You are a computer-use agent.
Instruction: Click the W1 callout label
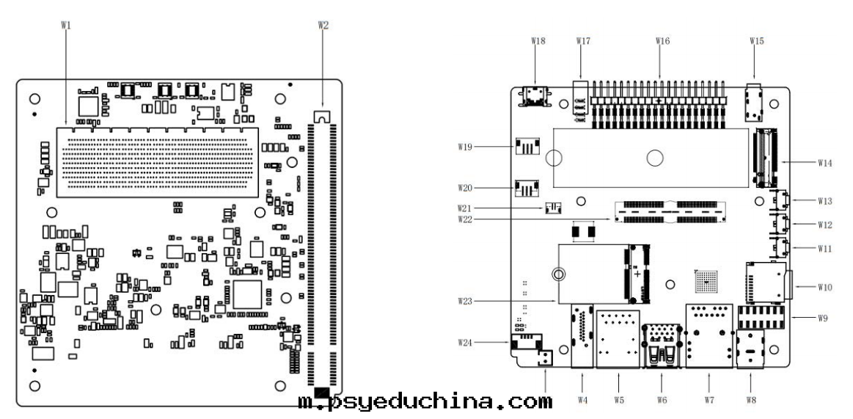tap(65, 25)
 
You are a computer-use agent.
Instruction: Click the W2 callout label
tap(323, 25)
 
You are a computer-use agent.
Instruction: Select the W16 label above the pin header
tap(662, 40)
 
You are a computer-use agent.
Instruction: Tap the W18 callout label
tap(537, 40)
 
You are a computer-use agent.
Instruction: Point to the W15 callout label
tap(756, 40)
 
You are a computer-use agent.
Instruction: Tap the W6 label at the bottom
tap(662, 400)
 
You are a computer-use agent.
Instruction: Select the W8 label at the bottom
tap(750, 400)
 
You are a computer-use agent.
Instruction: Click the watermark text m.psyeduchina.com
tap(425, 402)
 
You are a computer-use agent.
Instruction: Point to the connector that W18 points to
tap(533, 95)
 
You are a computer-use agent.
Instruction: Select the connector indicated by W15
tap(753, 102)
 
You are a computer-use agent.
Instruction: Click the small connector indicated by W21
tap(552, 208)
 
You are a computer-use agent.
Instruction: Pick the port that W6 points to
tap(661, 346)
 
